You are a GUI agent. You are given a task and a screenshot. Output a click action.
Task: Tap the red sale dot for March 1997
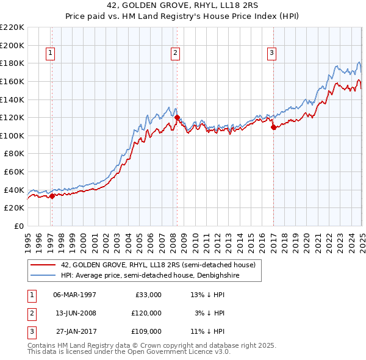52,196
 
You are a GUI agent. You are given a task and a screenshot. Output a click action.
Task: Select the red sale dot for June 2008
177,117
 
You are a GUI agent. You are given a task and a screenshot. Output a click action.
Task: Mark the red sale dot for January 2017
273,127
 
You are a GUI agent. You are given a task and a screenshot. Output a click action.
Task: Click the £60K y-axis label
14,172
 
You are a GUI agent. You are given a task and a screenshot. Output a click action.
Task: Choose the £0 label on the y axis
18,226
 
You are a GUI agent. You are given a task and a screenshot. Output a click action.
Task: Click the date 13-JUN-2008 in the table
75,313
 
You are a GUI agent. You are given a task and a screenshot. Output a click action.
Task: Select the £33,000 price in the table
146,295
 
